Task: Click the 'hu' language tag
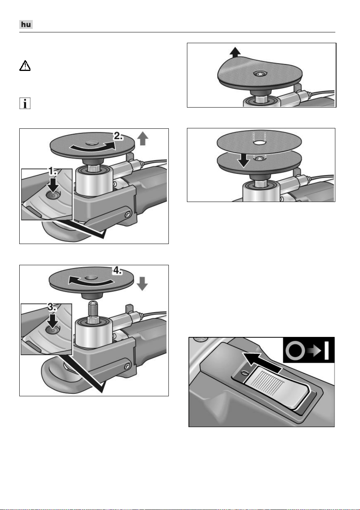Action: tap(26, 24)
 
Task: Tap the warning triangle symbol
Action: tap(25, 66)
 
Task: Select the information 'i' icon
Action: tap(25, 103)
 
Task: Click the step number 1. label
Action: tap(52, 171)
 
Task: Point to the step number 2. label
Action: tap(118, 136)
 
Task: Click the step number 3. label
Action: tap(52, 307)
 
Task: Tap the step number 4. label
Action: tap(118, 271)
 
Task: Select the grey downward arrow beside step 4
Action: tap(143, 284)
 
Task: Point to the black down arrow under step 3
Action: tap(52, 321)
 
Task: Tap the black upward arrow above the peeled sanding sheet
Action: tap(235, 52)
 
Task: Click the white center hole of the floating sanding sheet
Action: tap(259, 143)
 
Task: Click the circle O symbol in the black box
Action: tap(295, 350)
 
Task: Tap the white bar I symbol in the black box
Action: tap(327, 350)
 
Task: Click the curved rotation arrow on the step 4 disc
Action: tap(91, 281)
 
